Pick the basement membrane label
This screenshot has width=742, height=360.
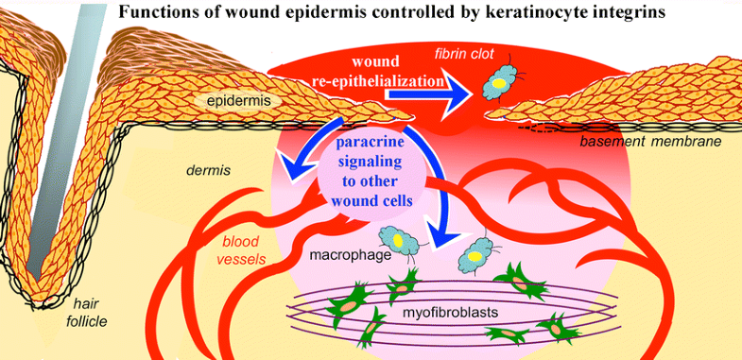coord(649,141)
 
